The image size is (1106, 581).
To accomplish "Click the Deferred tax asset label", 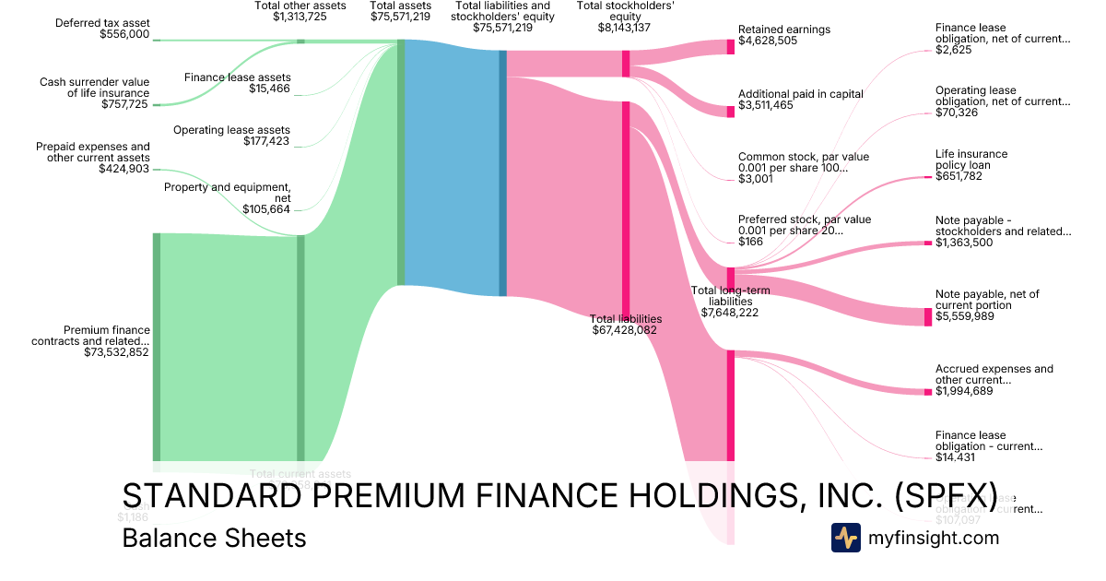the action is point(103,22).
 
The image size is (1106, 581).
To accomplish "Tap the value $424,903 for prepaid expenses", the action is point(124,170).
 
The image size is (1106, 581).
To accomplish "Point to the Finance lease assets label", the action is point(237,77).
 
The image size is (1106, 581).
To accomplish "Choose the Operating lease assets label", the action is point(231,130).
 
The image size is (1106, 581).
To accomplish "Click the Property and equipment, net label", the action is point(227,193).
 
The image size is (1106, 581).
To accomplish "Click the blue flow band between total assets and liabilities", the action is point(452,166).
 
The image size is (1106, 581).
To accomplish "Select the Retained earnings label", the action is point(783,30).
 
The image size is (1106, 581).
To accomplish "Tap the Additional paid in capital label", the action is point(800,94).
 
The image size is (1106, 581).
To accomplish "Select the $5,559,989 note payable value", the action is point(966,316).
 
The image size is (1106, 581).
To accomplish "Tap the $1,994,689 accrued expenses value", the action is point(966,391).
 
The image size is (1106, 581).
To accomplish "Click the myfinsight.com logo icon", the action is point(846,537).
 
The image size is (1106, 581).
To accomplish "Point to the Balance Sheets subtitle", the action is point(214,538).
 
